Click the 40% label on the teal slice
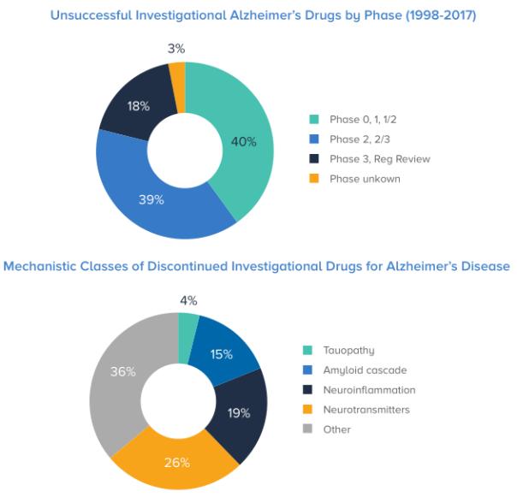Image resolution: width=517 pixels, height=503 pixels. pyautogui.click(x=244, y=142)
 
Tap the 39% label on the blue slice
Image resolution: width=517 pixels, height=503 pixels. pyautogui.click(x=152, y=200)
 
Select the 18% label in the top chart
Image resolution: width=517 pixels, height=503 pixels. pyautogui.click(x=139, y=106)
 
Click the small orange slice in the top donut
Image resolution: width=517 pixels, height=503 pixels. pyautogui.click(x=177, y=75)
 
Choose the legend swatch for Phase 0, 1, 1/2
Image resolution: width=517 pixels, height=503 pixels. pyautogui.click(x=313, y=120)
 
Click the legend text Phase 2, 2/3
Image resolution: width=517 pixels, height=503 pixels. pyautogui.click(x=362, y=139)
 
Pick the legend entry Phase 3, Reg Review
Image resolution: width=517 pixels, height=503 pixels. pyautogui.click(x=379, y=159)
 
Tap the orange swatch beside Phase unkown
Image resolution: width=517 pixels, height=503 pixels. pyautogui.click(x=313, y=179)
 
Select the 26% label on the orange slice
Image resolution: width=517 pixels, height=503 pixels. pyautogui.click(x=177, y=463)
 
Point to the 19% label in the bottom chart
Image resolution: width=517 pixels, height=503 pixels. pyautogui.click(x=239, y=413)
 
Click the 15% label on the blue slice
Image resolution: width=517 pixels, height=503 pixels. pyautogui.click(x=222, y=353)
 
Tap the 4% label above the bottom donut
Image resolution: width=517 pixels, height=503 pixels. pyautogui.click(x=188, y=300)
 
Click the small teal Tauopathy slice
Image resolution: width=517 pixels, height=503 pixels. pyautogui.click(x=188, y=326)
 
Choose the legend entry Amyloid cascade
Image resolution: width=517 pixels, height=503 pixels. pyautogui.click(x=365, y=370)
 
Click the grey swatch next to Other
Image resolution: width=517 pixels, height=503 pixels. pyautogui.click(x=306, y=429)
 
